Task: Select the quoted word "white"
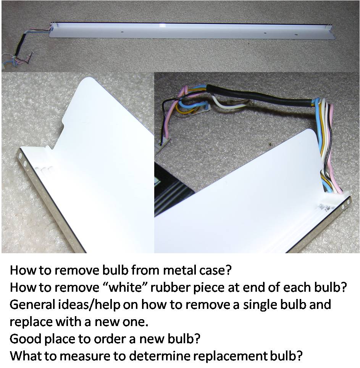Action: pyautogui.click(x=124, y=287)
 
